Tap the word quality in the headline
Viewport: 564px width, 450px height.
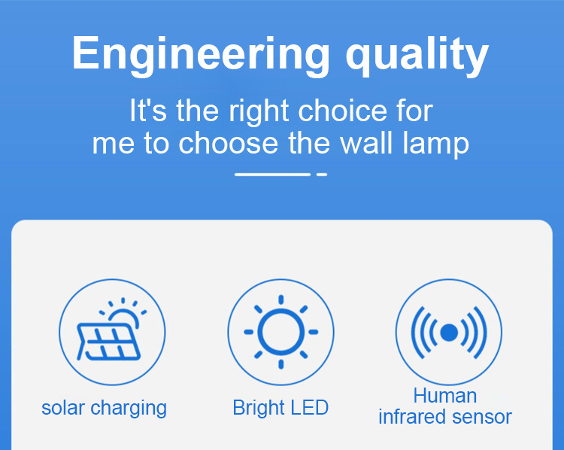click(x=417, y=56)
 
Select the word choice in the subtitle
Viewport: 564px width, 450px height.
click(x=342, y=111)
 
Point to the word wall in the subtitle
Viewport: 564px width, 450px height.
click(x=366, y=143)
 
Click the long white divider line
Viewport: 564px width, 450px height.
click(x=273, y=175)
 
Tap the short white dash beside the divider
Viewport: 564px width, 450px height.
click(x=322, y=175)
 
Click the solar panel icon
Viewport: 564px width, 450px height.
click(x=108, y=342)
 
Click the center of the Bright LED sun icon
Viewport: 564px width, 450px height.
click(x=281, y=332)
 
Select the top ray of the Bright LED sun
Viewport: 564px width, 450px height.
click(x=281, y=300)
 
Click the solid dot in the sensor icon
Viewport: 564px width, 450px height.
click(x=449, y=332)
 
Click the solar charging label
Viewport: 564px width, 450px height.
click(x=104, y=409)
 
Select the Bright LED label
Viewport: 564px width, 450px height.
click(x=280, y=408)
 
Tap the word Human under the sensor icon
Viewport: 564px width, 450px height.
click(x=445, y=396)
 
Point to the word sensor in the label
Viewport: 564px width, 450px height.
click(x=482, y=418)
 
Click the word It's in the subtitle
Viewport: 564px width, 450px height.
click(x=148, y=111)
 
